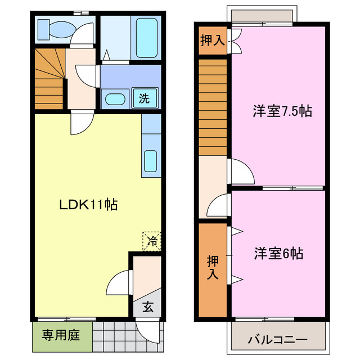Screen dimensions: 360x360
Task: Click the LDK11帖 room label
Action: coord(89,205)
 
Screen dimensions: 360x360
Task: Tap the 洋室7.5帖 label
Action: coord(282,111)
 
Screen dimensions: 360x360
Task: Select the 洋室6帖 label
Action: coord(278,254)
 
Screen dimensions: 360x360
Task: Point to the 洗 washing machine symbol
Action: coord(145,99)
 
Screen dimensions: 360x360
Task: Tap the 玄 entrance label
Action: coord(147,307)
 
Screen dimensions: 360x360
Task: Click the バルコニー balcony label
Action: coord(277,340)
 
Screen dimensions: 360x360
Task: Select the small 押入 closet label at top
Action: coord(212,40)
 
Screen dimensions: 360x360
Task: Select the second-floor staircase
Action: coord(213,107)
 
